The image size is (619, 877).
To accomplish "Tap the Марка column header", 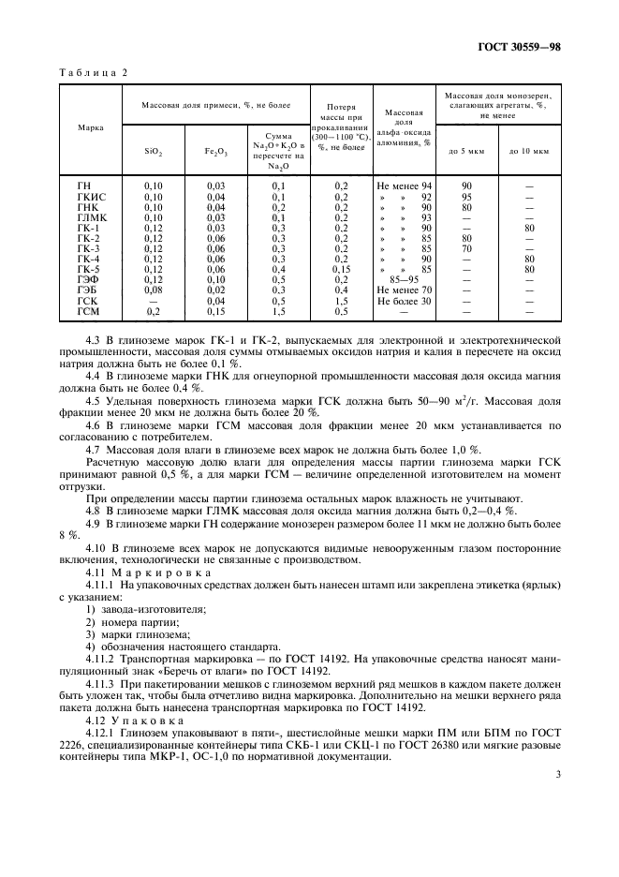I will [x=91, y=126].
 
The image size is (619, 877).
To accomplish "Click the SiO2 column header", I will [x=154, y=150].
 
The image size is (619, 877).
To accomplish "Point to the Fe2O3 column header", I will [x=215, y=150].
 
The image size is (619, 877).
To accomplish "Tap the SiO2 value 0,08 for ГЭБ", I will [x=154, y=290].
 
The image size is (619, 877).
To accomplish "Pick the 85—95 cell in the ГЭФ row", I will [x=404, y=280].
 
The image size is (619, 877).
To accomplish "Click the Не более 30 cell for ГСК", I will [x=404, y=301].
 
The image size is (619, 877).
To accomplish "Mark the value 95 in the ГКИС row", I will [x=466, y=197].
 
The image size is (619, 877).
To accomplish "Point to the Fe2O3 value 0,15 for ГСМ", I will [x=215, y=311].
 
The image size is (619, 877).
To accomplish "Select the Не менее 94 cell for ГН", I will [x=404, y=186].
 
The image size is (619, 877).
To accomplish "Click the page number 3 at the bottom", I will [x=557, y=774].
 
